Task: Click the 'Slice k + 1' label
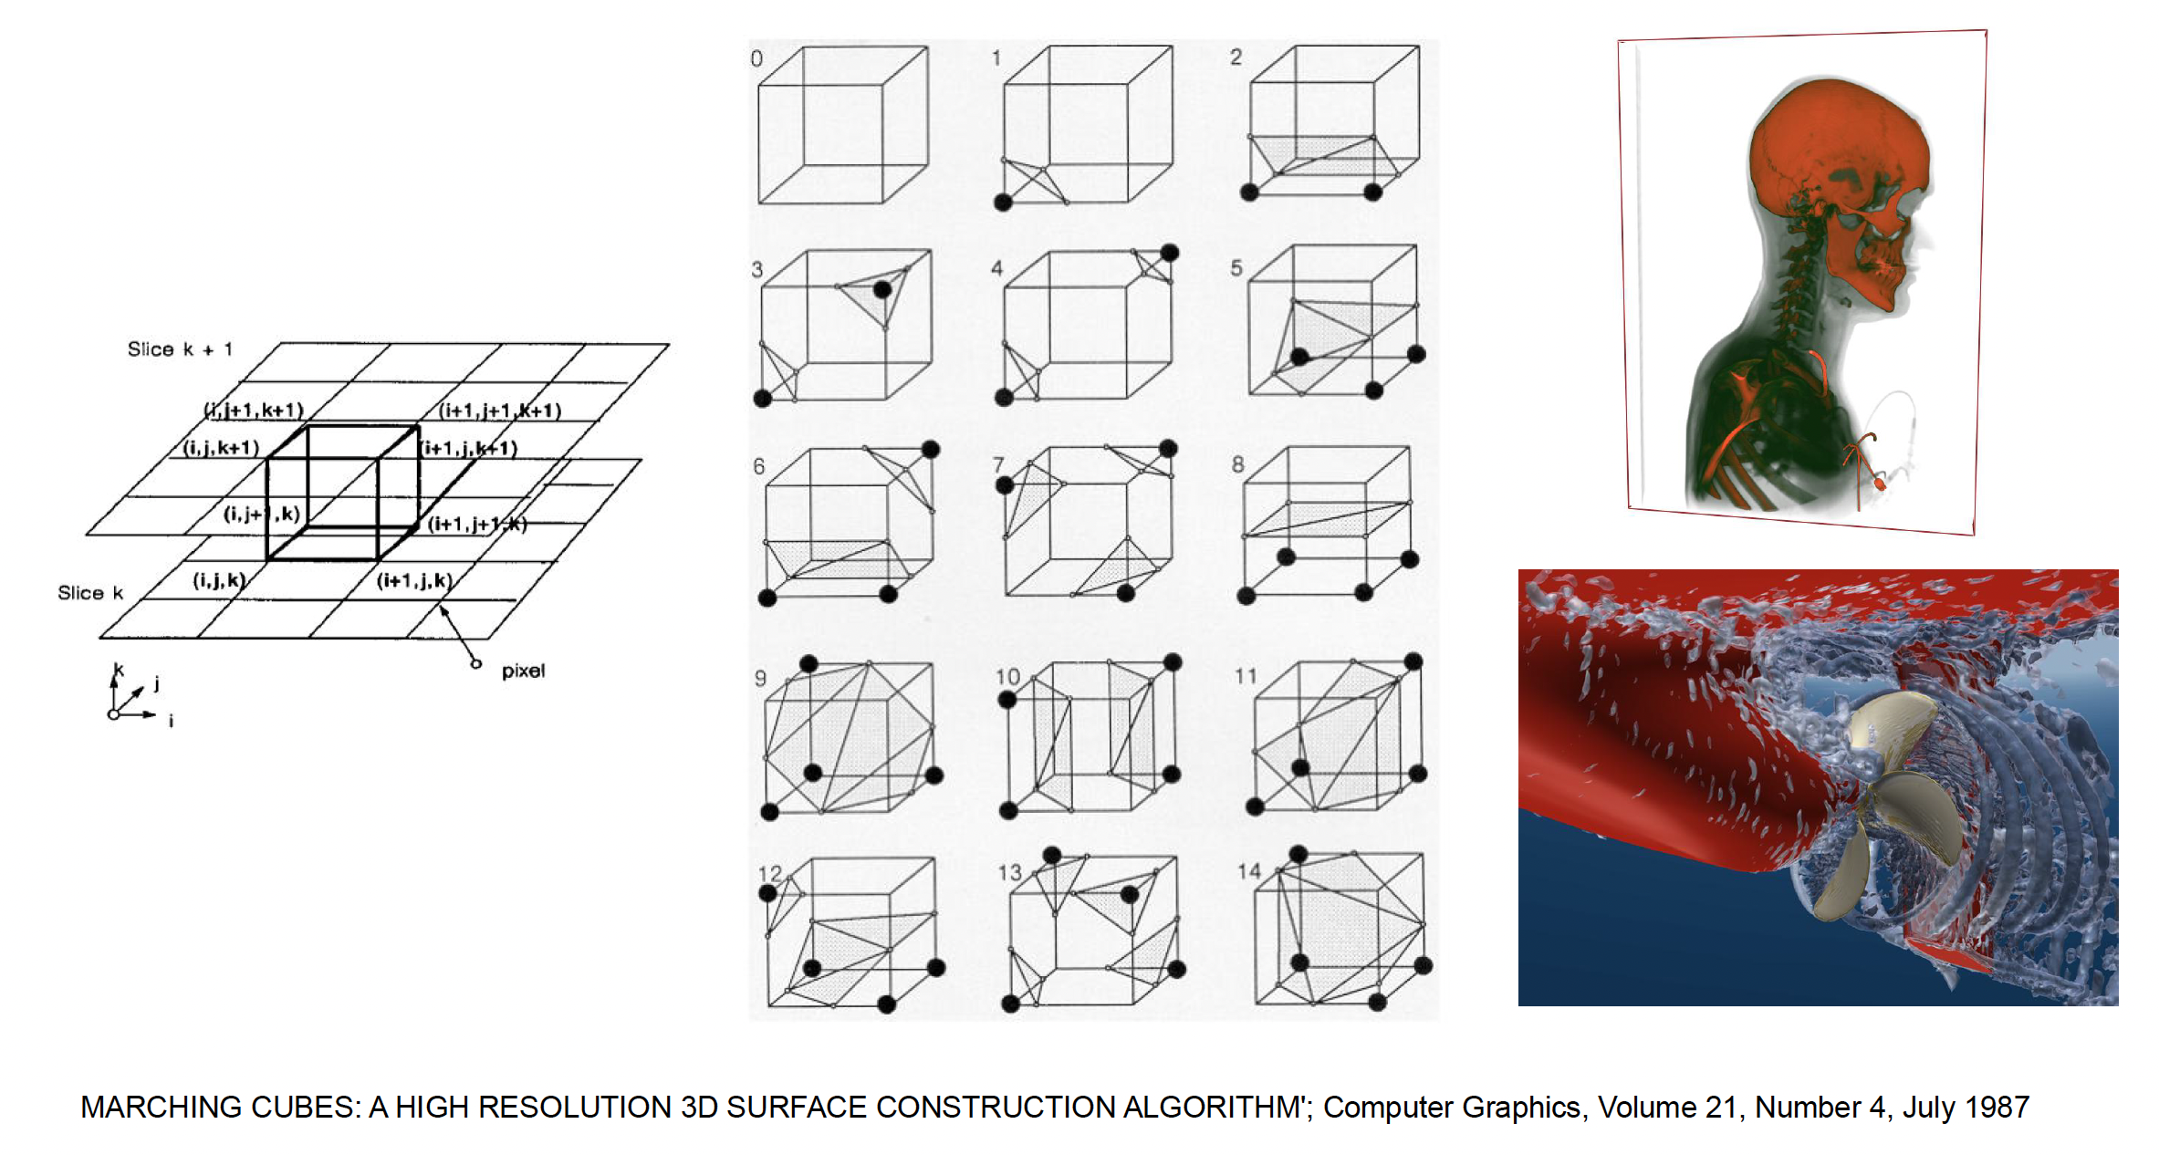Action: click(180, 349)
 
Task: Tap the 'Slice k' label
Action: click(90, 593)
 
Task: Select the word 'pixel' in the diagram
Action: click(523, 671)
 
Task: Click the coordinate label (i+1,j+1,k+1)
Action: click(500, 411)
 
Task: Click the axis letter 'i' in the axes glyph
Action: click(172, 722)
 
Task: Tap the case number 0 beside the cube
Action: click(756, 59)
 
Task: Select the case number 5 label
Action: click(1236, 268)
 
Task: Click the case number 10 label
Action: click(1007, 677)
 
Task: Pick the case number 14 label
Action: click(1249, 871)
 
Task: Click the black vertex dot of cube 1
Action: click(1003, 203)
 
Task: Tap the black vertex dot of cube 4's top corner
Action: click(1170, 253)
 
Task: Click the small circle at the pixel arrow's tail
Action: click(475, 663)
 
